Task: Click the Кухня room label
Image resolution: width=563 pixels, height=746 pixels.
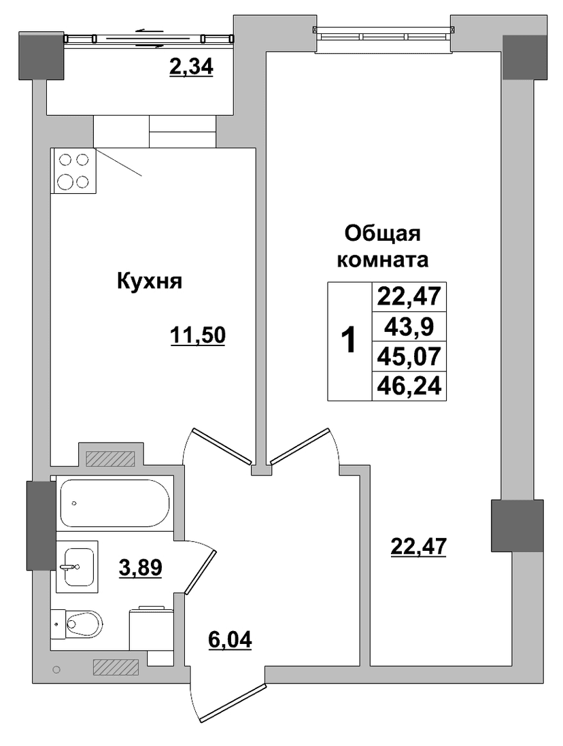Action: [150, 281]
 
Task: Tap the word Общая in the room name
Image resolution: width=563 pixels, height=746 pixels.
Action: [383, 234]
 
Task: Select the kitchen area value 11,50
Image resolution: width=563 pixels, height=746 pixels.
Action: [198, 336]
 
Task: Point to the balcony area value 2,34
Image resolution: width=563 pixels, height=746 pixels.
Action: [192, 67]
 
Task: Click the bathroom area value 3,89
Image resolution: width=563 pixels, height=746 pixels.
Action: [140, 567]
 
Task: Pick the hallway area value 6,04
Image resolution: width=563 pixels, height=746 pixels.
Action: [230, 640]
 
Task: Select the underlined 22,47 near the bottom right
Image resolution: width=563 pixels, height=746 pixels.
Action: [418, 547]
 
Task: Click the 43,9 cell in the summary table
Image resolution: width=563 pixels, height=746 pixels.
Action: [409, 327]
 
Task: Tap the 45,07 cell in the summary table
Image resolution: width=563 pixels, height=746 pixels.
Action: [409, 356]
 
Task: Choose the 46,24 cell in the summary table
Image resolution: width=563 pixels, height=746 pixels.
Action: [409, 386]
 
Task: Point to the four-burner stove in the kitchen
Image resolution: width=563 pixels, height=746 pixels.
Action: [73, 171]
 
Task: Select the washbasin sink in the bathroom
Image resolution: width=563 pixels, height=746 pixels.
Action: [77, 566]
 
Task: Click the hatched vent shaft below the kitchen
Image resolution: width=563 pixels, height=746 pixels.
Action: [111, 458]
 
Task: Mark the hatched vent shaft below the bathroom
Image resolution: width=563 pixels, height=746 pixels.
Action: [116, 668]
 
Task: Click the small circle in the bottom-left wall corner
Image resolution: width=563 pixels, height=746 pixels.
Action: [57, 669]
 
